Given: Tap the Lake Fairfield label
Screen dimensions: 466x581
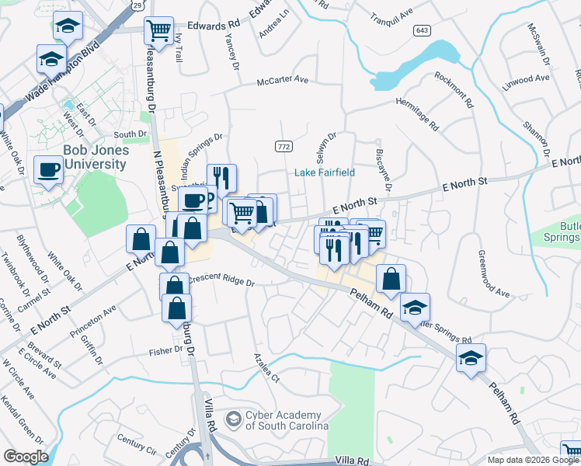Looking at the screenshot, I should tap(324, 172).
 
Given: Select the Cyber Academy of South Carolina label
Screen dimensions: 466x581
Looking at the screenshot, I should tap(290, 420).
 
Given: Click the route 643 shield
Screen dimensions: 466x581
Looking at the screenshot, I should tap(423, 30).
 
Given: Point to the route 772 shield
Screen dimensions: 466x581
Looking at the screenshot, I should tap(283, 146).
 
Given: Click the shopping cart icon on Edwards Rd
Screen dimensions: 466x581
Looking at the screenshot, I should tap(158, 32).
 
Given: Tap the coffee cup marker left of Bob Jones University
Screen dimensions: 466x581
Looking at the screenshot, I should tap(48, 170).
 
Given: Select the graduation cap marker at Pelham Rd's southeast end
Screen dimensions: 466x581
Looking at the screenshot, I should tap(471, 359).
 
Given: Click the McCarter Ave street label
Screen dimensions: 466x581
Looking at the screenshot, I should tap(284, 80).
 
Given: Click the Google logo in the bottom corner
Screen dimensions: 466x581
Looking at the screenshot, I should tap(25, 457).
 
